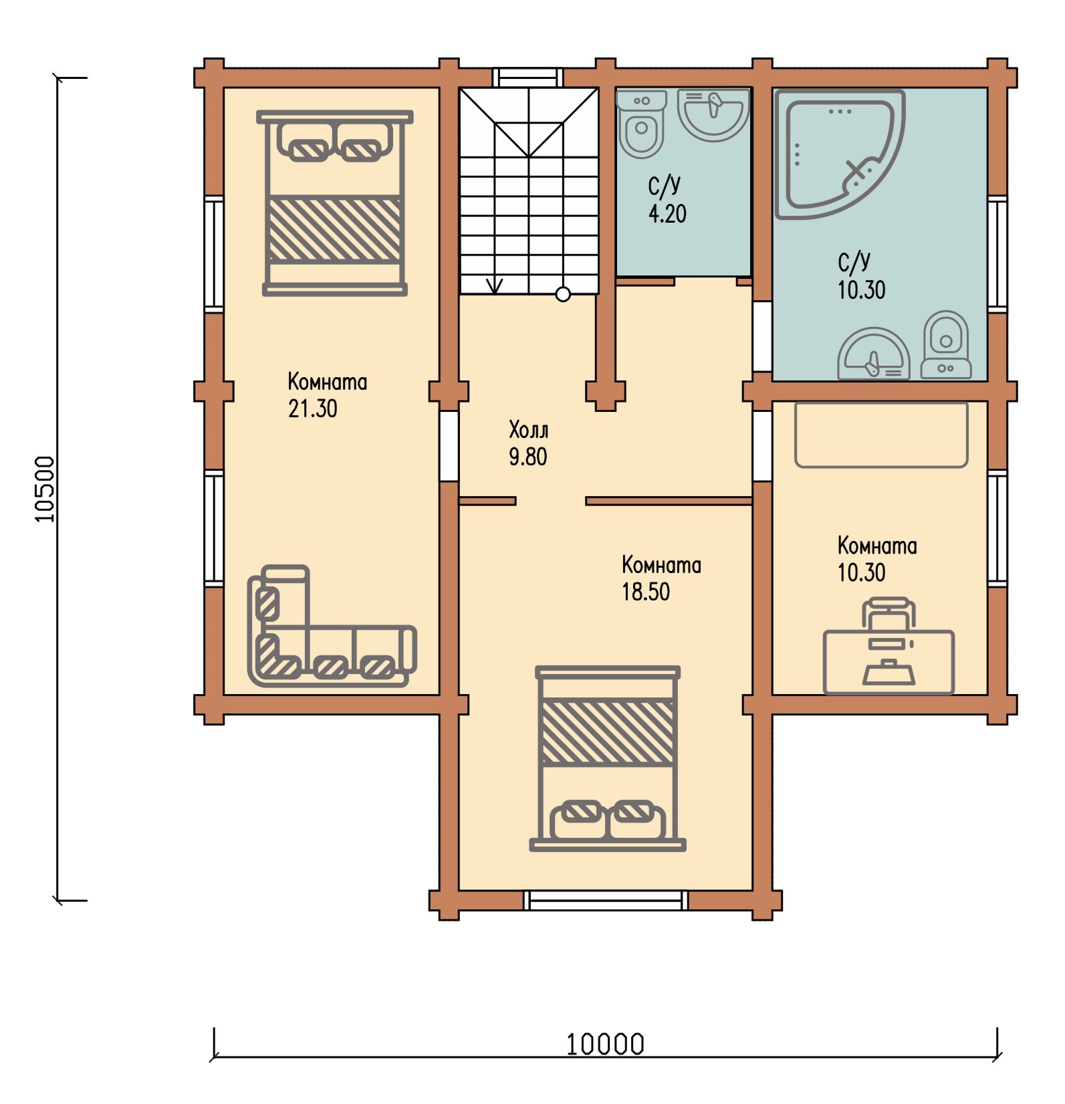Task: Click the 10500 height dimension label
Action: point(45,489)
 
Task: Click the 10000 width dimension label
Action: point(605,1044)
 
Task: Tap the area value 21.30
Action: point(313,409)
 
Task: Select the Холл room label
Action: point(528,429)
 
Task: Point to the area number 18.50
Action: point(646,592)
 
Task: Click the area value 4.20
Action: point(667,213)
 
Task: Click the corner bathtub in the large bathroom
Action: point(840,154)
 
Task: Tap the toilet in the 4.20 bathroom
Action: point(642,124)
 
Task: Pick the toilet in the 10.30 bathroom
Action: point(946,344)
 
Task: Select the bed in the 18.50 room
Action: point(608,758)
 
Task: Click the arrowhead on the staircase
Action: point(494,287)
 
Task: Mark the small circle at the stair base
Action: point(563,294)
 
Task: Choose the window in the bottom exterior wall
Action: point(606,900)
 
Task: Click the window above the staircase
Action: point(528,78)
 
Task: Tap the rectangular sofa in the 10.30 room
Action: point(881,435)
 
